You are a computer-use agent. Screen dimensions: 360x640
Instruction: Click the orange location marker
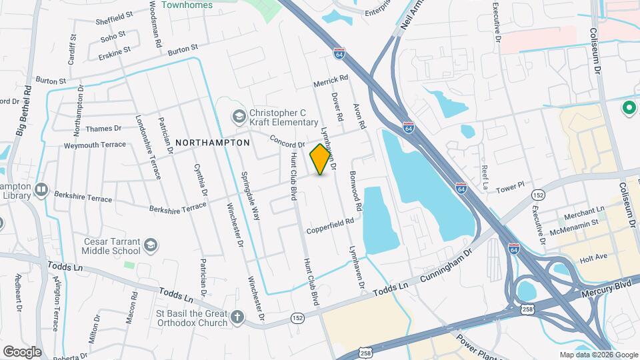pyautogui.click(x=321, y=159)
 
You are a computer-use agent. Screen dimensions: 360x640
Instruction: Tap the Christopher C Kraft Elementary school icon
pyautogui.click(x=238, y=117)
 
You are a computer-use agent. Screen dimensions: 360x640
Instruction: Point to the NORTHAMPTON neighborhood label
pyautogui.click(x=213, y=143)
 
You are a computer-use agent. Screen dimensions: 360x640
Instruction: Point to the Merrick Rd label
pyautogui.click(x=331, y=81)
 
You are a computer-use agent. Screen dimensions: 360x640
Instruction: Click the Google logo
pyautogui.click(x=22, y=351)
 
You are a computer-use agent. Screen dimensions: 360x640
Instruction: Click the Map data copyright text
pyautogui.click(x=599, y=355)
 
